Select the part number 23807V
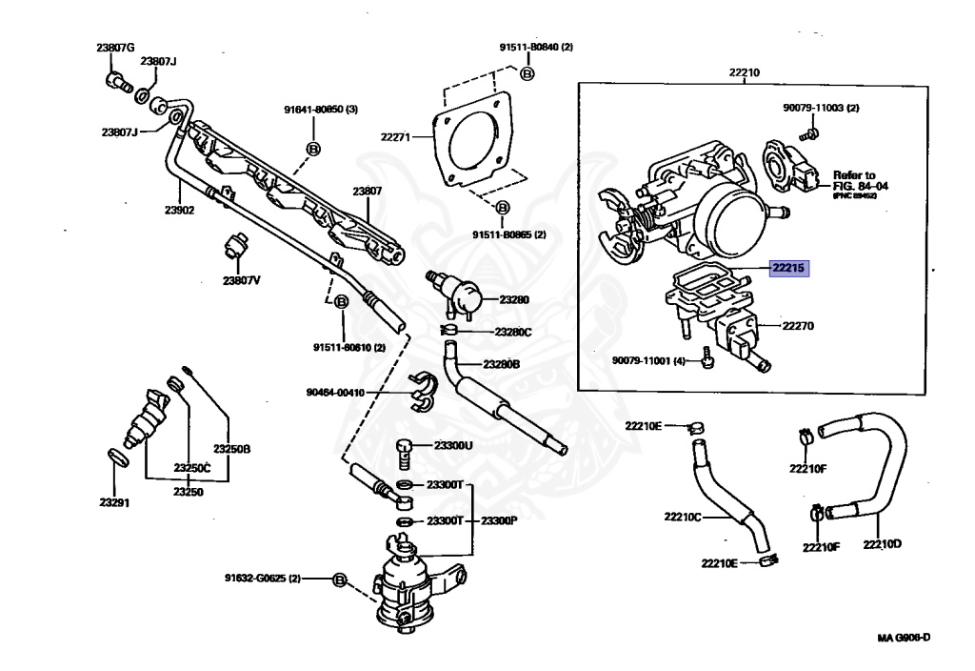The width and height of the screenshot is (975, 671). click(x=242, y=281)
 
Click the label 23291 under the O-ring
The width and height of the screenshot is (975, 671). click(x=114, y=502)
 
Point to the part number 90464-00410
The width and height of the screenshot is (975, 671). click(x=334, y=392)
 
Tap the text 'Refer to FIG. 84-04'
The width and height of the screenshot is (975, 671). click(x=860, y=181)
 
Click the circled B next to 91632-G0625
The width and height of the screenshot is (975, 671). click(x=339, y=579)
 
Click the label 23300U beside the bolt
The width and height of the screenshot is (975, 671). click(x=453, y=445)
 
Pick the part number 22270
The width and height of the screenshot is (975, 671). click(x=798, y=326)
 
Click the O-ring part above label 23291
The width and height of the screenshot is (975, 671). click(x=115, y=458)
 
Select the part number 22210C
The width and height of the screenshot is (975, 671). click(x=683, y=517)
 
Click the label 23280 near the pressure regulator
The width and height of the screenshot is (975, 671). click(x=513, y=299)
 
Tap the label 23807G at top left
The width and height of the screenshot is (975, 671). click(x=115, y=48)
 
